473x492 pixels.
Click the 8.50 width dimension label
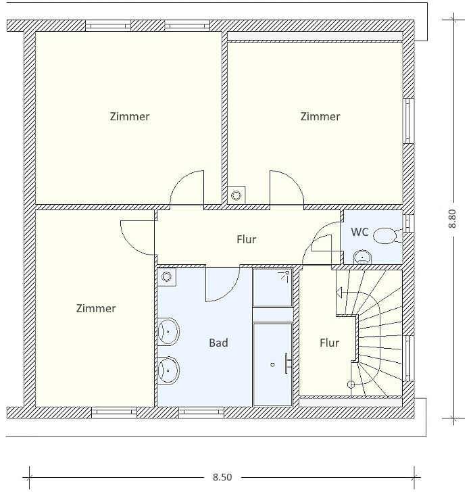click(222, 477)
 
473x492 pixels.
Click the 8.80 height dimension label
click(452, 218)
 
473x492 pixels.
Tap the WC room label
click(359, 232)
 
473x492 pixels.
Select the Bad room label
click(218, 343)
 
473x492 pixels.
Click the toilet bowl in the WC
click(385, 235)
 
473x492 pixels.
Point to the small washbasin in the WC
click(363, 257)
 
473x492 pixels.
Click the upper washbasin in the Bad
click(168, 331)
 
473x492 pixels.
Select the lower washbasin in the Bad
click(168, 370)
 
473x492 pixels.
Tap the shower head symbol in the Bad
click(284, 276)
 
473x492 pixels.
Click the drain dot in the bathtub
click(272, 365)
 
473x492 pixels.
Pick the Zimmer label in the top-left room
click(130, 116)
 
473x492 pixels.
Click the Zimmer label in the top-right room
click(320, 116)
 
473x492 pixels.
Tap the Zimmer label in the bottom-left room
click(96, 308)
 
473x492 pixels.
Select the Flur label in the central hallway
click(246, 239)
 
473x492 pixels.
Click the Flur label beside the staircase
click(329, 343)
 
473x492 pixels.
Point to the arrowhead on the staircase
click(339, 293)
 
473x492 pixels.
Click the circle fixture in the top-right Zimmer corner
click(236, 195)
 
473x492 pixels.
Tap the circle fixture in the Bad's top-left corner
click(166, 277)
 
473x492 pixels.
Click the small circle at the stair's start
click(351, 385)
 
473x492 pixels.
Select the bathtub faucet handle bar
click(287, 364)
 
